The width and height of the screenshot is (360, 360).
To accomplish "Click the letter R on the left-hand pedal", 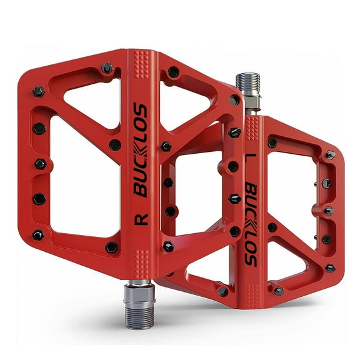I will click(x=141, y=219).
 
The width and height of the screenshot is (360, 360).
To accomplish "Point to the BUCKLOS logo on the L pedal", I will click(x=250, y=224).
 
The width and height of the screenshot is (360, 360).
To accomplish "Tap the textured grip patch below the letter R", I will click(x=143, y=256).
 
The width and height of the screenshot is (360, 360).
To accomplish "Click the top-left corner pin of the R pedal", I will click(x=39, y=91).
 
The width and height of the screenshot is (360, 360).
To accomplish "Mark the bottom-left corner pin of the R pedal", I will click(x=39, y=235).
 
